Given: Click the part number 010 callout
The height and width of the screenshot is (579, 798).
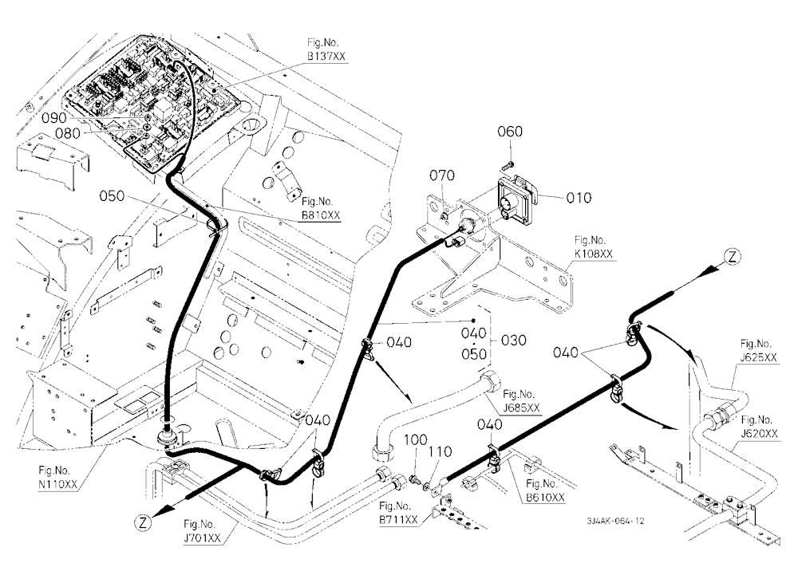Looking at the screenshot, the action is coord(579,198).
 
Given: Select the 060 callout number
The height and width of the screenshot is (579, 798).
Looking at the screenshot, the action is coord(509,132).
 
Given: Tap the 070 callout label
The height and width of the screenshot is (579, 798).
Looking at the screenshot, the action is coord(442,175).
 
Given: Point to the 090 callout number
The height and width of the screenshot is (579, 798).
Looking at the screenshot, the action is coord(54,118).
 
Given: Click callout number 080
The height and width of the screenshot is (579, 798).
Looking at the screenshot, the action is coord(68,133).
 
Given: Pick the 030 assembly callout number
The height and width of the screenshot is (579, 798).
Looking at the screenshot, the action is coord(513,341).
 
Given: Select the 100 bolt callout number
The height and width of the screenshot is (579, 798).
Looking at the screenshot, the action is coord(415,440).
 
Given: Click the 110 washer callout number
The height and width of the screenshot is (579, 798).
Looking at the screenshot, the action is coord(440,452).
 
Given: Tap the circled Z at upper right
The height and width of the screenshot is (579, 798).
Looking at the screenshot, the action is coord(732,257).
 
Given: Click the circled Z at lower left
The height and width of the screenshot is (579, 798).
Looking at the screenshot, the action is coord(143,522).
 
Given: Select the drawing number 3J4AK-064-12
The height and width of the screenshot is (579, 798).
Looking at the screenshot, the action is coord(615,521).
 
